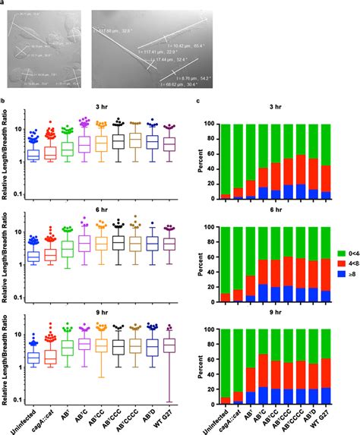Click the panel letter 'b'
[x=5, y=101]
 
